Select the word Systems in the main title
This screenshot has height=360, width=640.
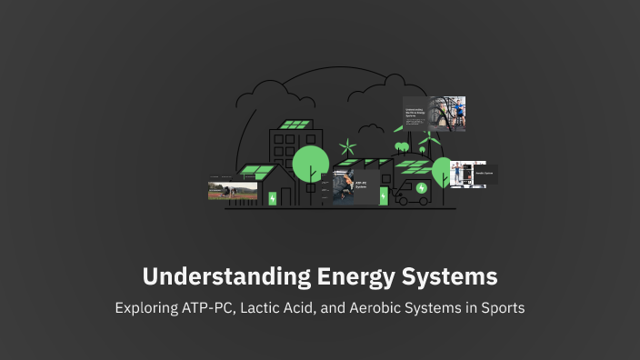[x=445, y=275]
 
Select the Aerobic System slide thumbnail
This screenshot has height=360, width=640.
[x=474, y=174]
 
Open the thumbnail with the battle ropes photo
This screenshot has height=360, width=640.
[x=435, y=114]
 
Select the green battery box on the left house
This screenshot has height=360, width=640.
[x=273, y=197]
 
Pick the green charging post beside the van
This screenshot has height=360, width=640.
[x=385, y=196]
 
